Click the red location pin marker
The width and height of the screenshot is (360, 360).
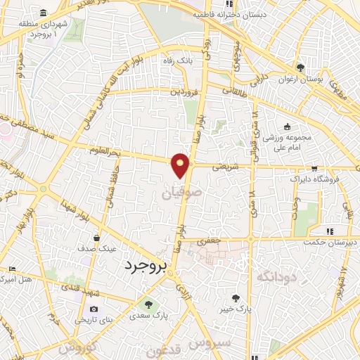pos(181,165)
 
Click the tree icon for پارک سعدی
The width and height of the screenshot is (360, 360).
pos(148,303)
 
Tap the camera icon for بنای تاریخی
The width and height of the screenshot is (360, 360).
pos(94,309)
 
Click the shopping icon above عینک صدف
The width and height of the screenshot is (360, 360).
pos(105,238)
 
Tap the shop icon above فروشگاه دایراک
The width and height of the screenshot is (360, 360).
pos(314,168)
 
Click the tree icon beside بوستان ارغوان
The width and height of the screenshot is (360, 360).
pos(300,67)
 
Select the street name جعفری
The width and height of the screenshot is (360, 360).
pos(208,241)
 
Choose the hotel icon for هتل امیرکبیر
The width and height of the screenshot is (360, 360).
pos(12,269)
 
